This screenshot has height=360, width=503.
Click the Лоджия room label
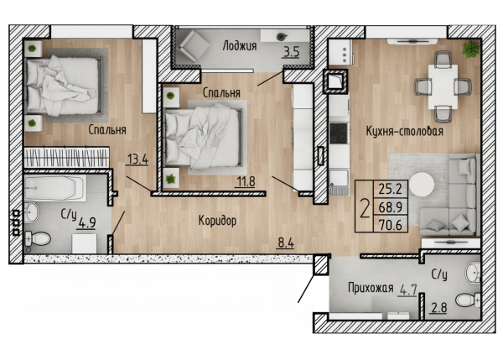point(240,46)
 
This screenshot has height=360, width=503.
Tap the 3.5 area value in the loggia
point(291,51)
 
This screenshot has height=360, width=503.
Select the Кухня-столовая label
point(405,131)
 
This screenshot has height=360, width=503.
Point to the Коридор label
point(217,221)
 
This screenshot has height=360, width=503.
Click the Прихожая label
point(371,288)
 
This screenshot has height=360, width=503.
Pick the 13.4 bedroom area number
point(138,159)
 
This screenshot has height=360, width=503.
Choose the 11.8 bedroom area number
point(246,181)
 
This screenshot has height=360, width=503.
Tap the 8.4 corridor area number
point(286,243)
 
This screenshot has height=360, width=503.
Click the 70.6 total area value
point(391,225)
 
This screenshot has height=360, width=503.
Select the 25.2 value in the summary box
point(391,189)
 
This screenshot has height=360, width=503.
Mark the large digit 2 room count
point(365,208)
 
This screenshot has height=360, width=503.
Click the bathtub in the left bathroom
point(55,188)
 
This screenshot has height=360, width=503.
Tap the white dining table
point(443,86)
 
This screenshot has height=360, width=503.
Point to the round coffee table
point(422,185)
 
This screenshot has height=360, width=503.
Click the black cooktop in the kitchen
point(339,133)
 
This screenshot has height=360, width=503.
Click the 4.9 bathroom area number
point(87,222)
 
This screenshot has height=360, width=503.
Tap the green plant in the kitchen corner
point(470,50)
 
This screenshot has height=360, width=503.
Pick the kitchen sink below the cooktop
point(339,182)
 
